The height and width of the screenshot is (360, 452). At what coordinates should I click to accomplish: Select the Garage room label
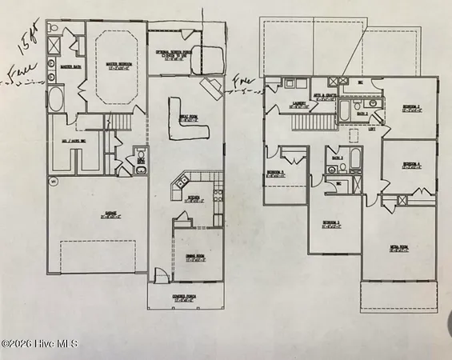coord(97,214)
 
